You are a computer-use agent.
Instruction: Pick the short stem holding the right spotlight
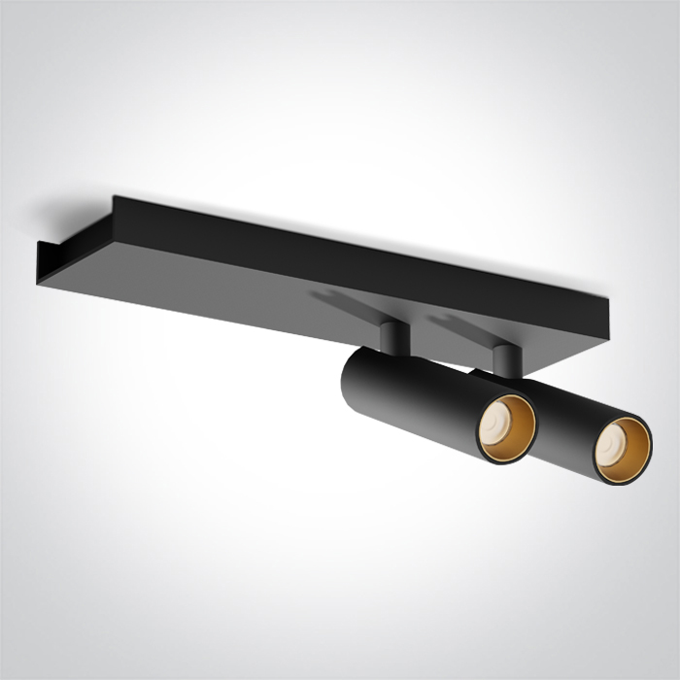[x=502, y=360]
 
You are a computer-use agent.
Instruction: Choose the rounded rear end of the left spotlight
[x=350, y=374]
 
